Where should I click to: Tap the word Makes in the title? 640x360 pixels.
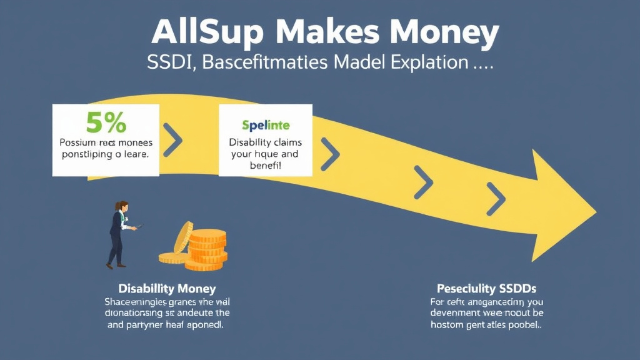pos(335,32)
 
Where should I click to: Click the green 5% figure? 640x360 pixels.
pos(106,123)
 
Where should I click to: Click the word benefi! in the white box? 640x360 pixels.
pos(264,167)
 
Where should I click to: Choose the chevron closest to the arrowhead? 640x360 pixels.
pos(496,199)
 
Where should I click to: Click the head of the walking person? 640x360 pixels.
pos(123,206)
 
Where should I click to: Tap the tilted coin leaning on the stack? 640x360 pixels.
pos(182,237)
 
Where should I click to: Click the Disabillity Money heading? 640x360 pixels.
pos(167,288)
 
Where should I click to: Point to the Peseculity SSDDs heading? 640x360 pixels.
pos(486,288)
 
